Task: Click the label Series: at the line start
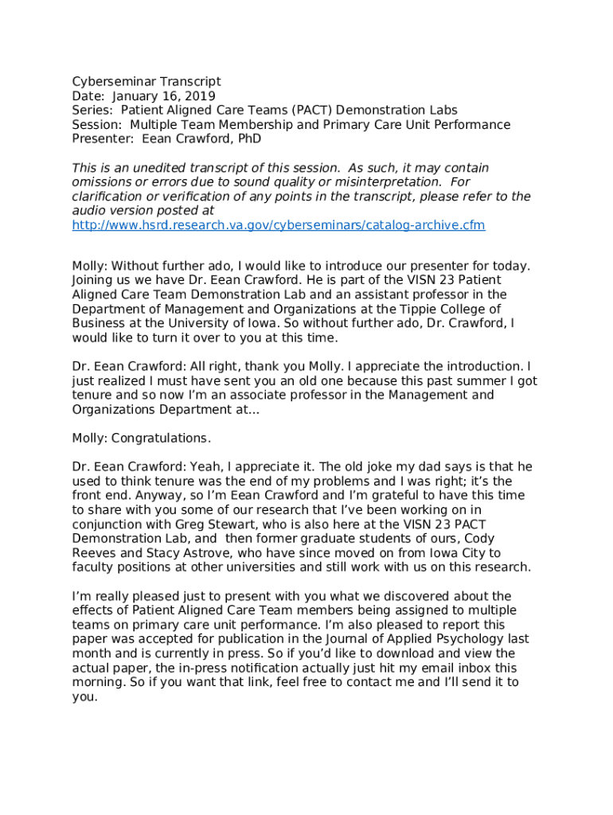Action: coord(91,110)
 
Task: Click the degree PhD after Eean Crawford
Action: coord(244,138)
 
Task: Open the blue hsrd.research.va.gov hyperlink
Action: coord(279,225)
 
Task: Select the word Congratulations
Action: coord(161,438)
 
